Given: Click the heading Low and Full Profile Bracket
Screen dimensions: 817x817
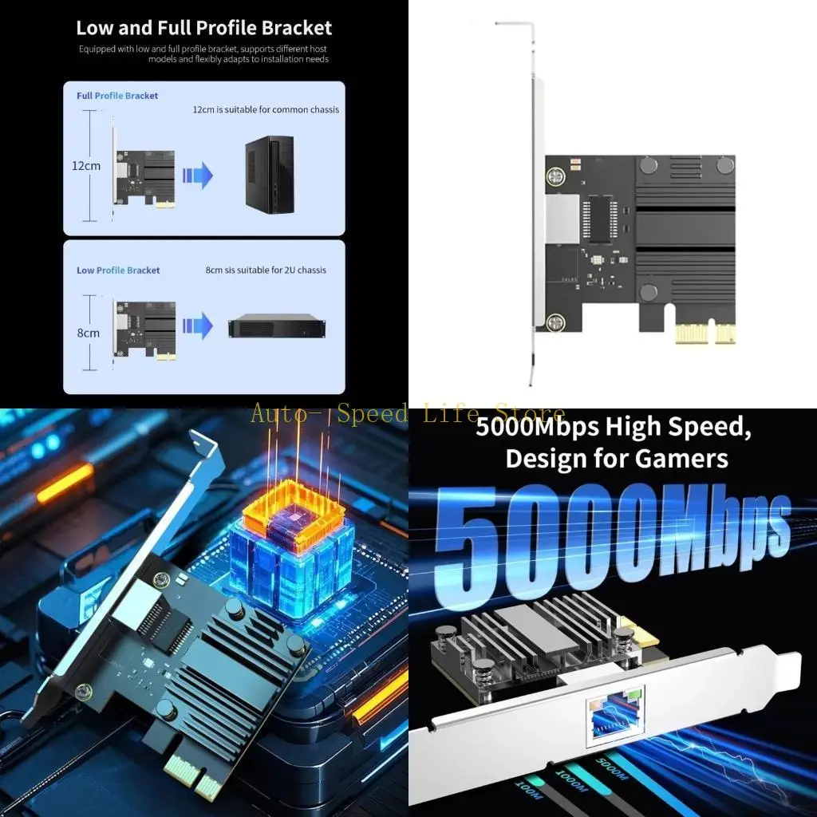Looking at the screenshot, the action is pyautogui.click(x=203, y=28).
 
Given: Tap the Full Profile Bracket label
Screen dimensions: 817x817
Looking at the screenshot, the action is pyautogui.click(x=117, y=96).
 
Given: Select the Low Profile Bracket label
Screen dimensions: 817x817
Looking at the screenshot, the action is pyautogui.click(x=118, y=270).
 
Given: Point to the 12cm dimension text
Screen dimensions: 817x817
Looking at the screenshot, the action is pyautogui.click(x=86, y=166).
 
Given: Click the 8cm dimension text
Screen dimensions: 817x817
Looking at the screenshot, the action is pyautogui.click(x=88, y=333).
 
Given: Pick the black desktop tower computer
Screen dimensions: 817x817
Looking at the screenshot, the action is pyautogui.click(x=270, y=175).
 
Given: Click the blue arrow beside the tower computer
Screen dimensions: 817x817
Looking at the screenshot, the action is pyautogui.click(x=197, y=175).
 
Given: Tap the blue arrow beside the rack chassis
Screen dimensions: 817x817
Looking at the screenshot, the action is pyautogui.click(x=197, y=326).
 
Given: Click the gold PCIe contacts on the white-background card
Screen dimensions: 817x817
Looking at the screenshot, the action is pyautogui.click(x=705, y=334).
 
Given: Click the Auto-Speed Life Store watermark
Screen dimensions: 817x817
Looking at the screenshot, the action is pyautogui.click(x=407, y=414).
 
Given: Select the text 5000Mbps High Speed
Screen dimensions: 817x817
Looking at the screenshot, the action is pyautogui.click(x=613, y=427).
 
